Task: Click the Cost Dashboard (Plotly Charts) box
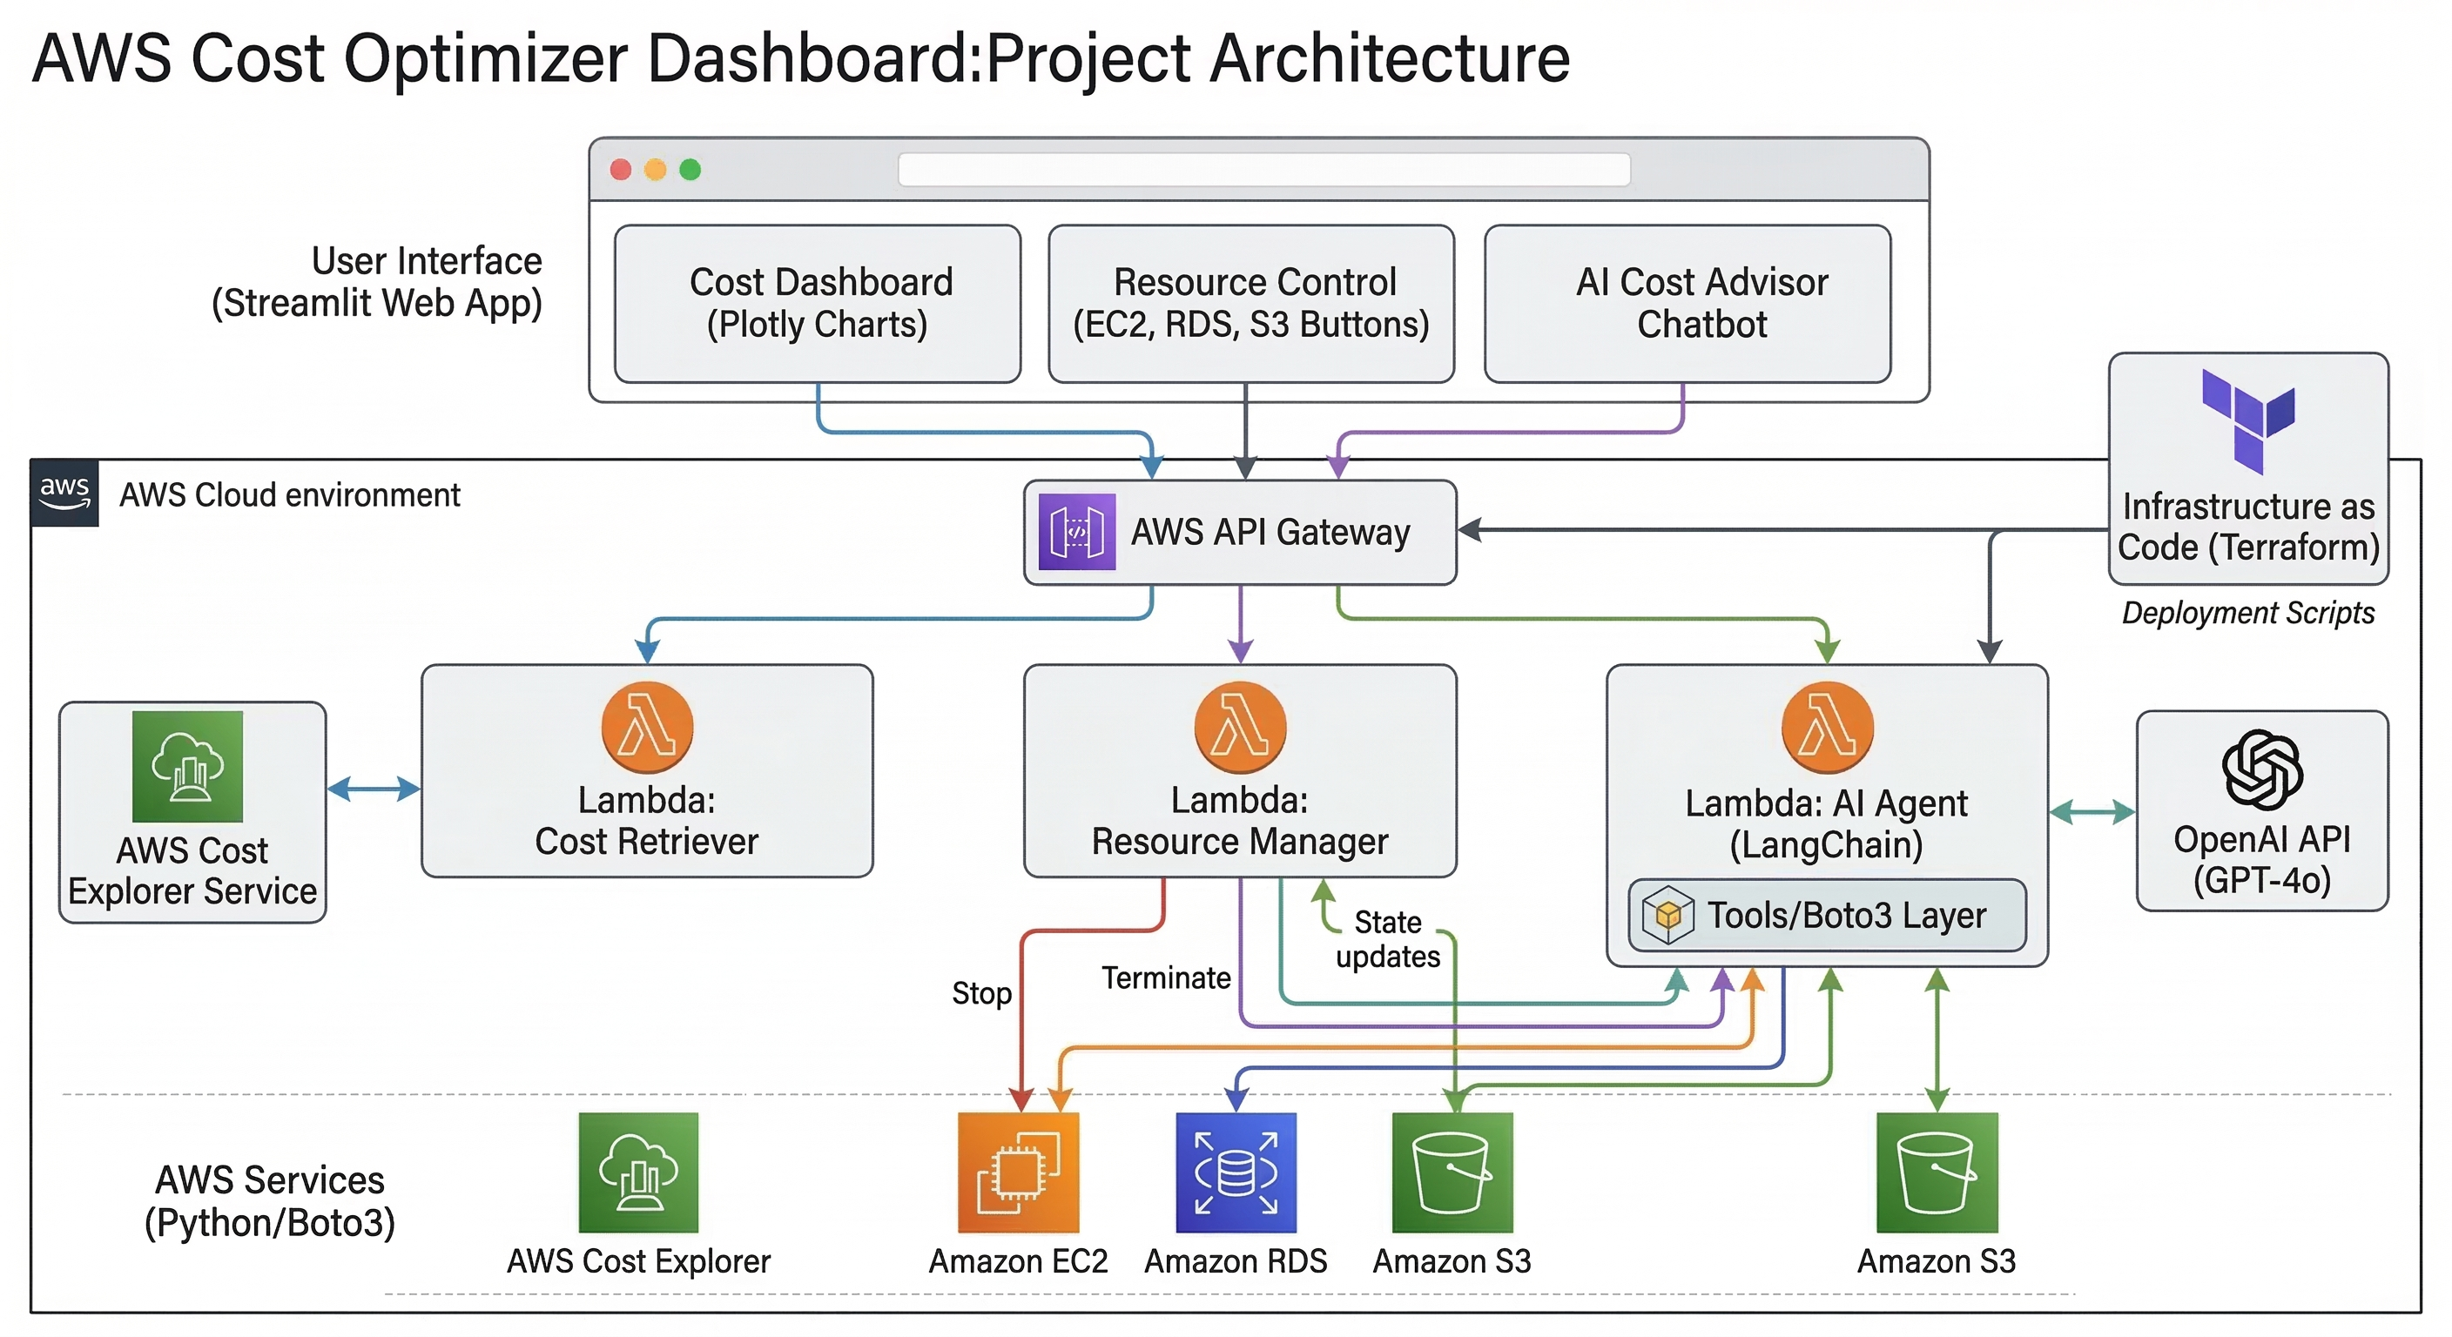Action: coord(817,304)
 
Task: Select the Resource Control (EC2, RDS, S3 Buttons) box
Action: coord(1250,304)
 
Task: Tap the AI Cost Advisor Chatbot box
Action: coord(1687,304)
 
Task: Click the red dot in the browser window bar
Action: coord(621,170)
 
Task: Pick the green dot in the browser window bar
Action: coord(690,170)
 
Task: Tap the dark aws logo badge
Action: coord(64,493)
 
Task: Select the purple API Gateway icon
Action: coord(1076,532)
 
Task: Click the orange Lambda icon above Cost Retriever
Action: coord(647,728)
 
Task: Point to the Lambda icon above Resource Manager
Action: coord(1239,728)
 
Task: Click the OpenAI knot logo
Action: coord(2261,769)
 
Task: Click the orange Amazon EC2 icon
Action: coord(1018,1172)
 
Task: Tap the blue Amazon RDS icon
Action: coord(1236,1172)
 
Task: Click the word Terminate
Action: coord(1166,978)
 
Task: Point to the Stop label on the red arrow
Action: coord(981,992)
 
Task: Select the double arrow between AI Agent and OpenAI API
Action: coord(2092,812)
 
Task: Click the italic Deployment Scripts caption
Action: coord(2247,613)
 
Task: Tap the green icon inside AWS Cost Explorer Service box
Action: coord(187,766)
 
